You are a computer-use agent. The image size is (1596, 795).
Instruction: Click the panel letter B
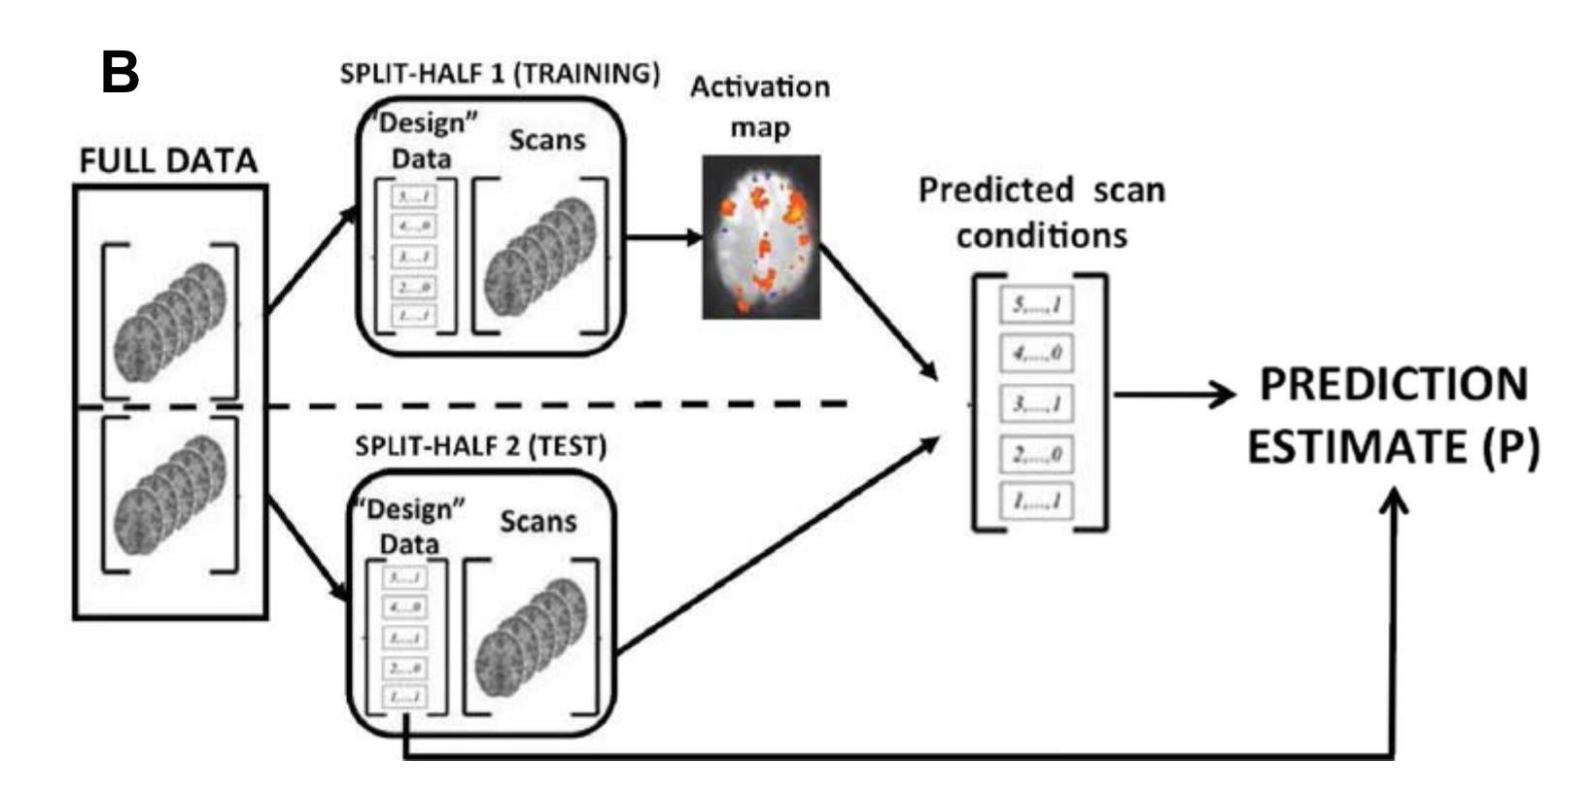click(x=121, y=73)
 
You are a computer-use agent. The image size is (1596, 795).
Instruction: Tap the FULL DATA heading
click(x=168, y=160)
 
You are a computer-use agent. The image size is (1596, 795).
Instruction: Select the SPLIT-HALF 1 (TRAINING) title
click(x=500, y=74)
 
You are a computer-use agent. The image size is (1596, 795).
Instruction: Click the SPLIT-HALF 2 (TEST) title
click(x=481, y=446)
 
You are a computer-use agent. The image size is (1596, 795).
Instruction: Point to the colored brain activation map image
click(x=761, y=237)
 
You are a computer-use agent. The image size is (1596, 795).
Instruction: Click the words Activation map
click(x=760, y=107)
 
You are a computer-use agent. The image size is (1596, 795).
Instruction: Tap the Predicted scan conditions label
click(x=1041, y=212)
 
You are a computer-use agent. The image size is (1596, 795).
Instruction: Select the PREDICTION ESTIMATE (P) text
click(x=1393, y=416)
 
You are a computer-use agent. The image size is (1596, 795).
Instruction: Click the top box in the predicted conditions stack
click(x=1037, y=305)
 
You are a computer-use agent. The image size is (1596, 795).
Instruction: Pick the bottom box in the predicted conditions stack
click(x=1037, y=501)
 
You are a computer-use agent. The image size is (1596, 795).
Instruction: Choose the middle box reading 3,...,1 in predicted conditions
click(x=1037, y=403)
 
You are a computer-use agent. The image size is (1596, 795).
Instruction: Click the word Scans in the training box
click(x=547, y=140)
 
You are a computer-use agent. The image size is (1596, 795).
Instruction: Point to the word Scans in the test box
click(x=538, y=522)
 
